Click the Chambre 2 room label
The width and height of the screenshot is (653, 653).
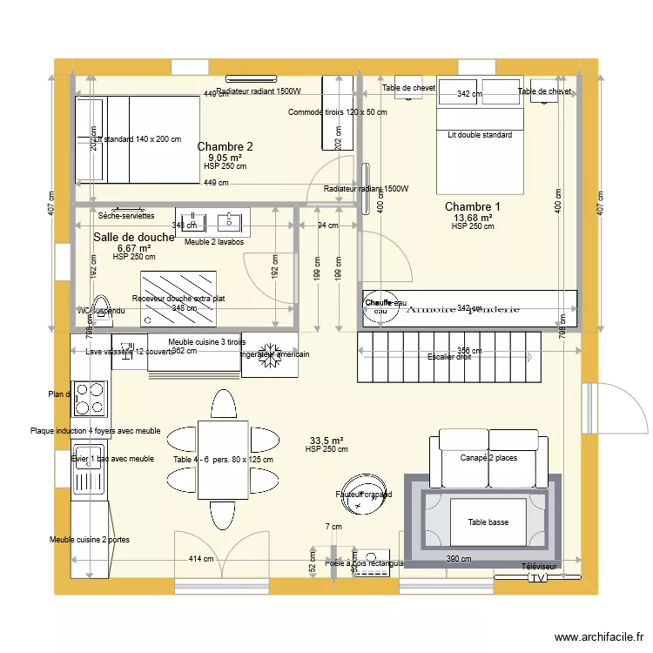225,146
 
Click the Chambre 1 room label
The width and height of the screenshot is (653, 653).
472,206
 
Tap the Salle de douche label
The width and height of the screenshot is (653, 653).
134,238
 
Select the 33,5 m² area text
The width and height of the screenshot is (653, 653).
326,441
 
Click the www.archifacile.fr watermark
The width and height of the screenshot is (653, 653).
601,637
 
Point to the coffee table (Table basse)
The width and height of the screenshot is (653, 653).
487,522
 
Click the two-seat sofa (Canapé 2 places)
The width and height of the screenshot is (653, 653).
488,458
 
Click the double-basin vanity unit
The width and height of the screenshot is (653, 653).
212,220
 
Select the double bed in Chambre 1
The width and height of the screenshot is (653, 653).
480,139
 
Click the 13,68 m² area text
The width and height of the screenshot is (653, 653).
472,218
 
